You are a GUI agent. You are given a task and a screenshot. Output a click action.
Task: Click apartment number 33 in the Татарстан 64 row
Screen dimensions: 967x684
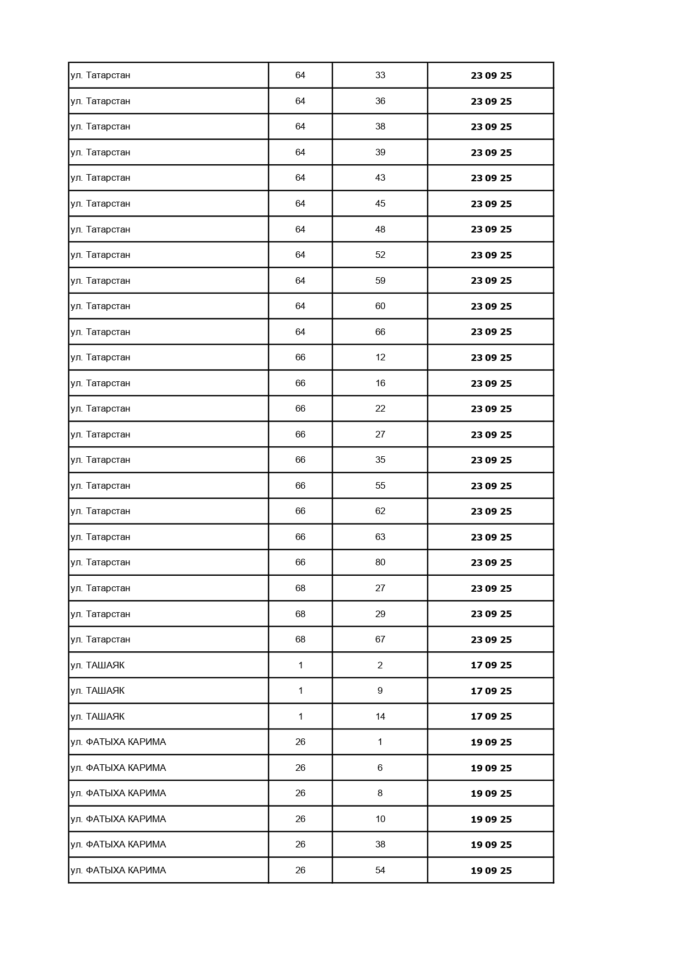(380, 75)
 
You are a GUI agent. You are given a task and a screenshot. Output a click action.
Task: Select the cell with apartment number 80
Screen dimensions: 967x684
(380, 562)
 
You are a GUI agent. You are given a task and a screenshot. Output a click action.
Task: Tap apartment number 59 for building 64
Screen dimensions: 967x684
(380, 280)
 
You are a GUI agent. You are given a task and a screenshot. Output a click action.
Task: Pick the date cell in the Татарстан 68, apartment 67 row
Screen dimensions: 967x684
(491, 640)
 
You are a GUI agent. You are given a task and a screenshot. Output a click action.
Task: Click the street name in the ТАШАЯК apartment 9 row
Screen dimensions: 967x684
(98, 690)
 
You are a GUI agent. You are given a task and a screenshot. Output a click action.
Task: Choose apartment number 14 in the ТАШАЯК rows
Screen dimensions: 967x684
(380, 716)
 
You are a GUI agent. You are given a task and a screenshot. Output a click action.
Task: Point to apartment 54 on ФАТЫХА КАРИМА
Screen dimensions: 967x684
(380, 870)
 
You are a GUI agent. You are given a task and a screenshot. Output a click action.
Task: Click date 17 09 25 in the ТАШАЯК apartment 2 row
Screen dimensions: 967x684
(491, 665)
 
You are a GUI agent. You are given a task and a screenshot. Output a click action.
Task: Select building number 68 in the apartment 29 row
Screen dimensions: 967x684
(300, 614)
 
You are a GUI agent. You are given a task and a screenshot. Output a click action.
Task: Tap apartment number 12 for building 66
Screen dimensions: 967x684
(380, 357)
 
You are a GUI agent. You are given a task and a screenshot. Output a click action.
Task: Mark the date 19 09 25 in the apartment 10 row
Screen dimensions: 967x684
(491, 819)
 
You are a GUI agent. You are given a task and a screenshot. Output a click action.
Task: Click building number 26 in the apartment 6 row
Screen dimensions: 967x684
(300, 768)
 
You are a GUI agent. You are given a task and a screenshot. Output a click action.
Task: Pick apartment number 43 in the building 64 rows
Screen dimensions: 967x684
(380, 177)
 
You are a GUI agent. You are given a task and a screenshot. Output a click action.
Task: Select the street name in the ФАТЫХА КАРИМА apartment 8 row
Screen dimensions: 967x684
(118, 793)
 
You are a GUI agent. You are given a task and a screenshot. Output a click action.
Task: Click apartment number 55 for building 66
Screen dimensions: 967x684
(380, 485)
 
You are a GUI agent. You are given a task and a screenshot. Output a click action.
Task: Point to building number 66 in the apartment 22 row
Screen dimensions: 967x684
(300, 408)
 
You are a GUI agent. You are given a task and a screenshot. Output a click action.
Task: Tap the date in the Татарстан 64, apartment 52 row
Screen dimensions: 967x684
(491, 255)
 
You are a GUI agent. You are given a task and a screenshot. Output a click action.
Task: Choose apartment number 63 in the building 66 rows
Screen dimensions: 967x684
(380, 537)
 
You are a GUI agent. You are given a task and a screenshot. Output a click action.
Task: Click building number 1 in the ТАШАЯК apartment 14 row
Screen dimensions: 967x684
(300, 716)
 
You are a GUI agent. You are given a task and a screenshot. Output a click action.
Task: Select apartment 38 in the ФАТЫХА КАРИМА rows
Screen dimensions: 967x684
(380, 844)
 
